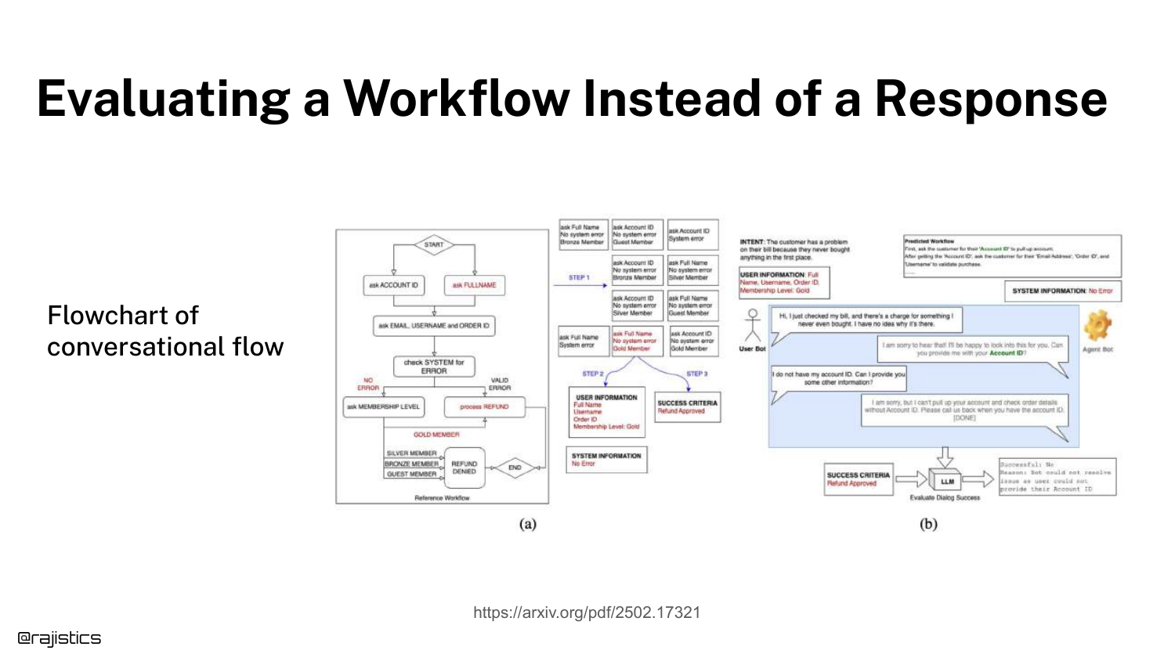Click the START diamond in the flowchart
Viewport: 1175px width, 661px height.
pyautogui.click(x=434, y=245)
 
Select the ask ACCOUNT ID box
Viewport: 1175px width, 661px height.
pyautogui.click(x=393, y=285)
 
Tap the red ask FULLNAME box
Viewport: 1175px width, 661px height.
pyautogui.click(x=474, y=285)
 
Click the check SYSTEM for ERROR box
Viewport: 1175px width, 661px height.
pyautogui.click(x=434, y=367)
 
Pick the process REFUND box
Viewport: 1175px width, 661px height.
pyautogui.click(x=484, y=407)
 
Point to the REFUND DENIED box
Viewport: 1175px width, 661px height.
pyautogui.click(x=465, y=468)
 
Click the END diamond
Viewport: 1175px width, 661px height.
pyautogui.click(x=515, y=468)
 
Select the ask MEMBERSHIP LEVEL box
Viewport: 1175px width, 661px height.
pyautogui.click(x=383, y=407)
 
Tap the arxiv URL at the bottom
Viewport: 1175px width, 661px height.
pyautogui.click(x=587, y=612)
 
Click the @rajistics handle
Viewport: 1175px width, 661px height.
pyautogui.click(x=60, y=638)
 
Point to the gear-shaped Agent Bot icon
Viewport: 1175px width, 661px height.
pyautogui.click(x=1097, y=325)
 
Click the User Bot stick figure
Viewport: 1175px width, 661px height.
pyautogui.click(x=753, y=325)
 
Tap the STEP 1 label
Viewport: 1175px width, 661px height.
pyautogui.click(x=579, y=277)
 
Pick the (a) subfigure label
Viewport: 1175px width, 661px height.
pyautogui.click(x=528, y=524)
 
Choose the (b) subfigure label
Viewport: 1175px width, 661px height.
pyautogui.click(x=928, y=524)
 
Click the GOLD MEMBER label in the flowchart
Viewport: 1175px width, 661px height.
pyautogui.click(x=436, y=435)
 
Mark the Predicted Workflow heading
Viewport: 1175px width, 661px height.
pyautogui.click(x=929, y=241)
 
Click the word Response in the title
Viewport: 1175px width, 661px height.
pyautogui.click(x=990, y=99)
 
